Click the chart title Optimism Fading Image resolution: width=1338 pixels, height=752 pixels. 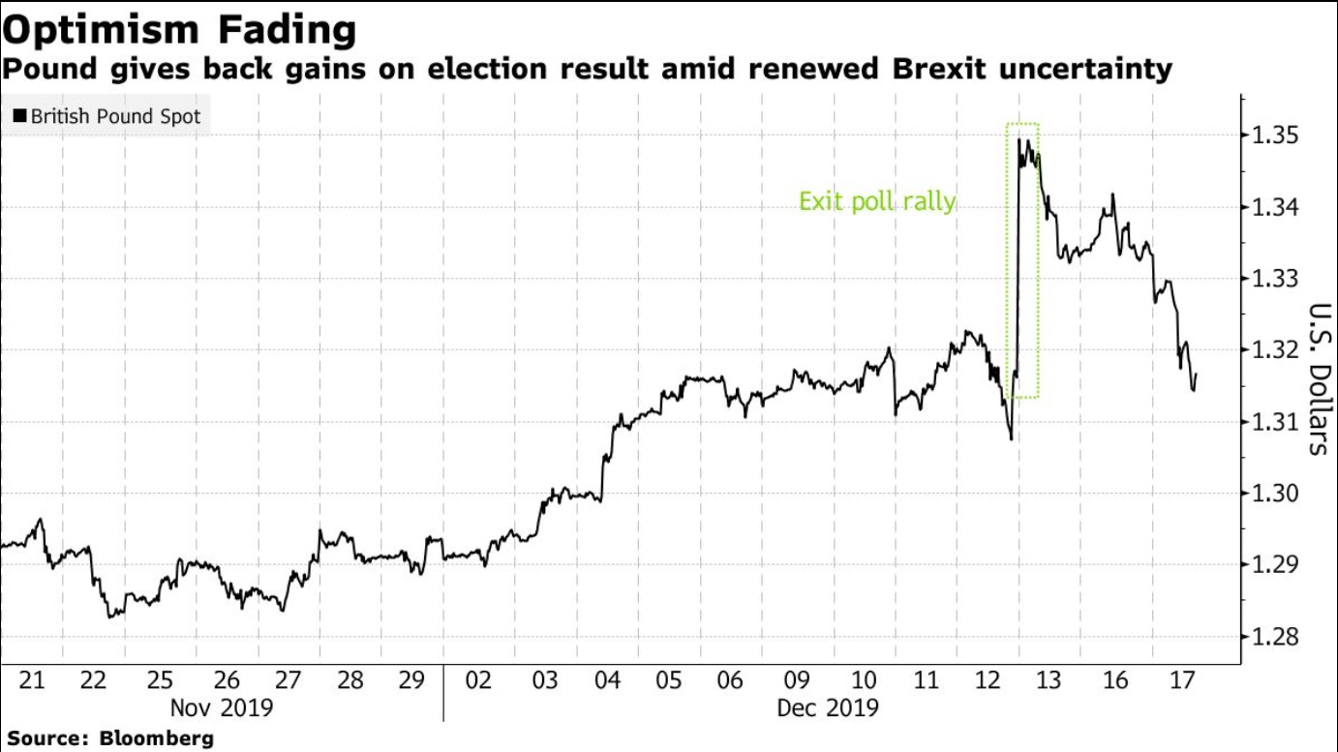(180, 30)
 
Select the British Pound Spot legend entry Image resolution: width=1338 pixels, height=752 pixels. (106, 116)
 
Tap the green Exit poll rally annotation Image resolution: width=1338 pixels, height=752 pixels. (876, 202)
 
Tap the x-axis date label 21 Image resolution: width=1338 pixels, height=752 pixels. (32, 680)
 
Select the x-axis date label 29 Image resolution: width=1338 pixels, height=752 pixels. (413, 680)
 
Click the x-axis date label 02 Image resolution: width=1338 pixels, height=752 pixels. (478, 680)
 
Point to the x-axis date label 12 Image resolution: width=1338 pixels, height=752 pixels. (988, 680)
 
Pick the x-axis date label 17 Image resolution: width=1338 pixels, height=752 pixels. (1179, 680)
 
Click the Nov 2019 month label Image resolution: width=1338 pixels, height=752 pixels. (222, 707)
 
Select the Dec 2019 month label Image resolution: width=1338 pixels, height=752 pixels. (828, 707)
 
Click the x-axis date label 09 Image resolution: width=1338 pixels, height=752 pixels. (797, 680)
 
